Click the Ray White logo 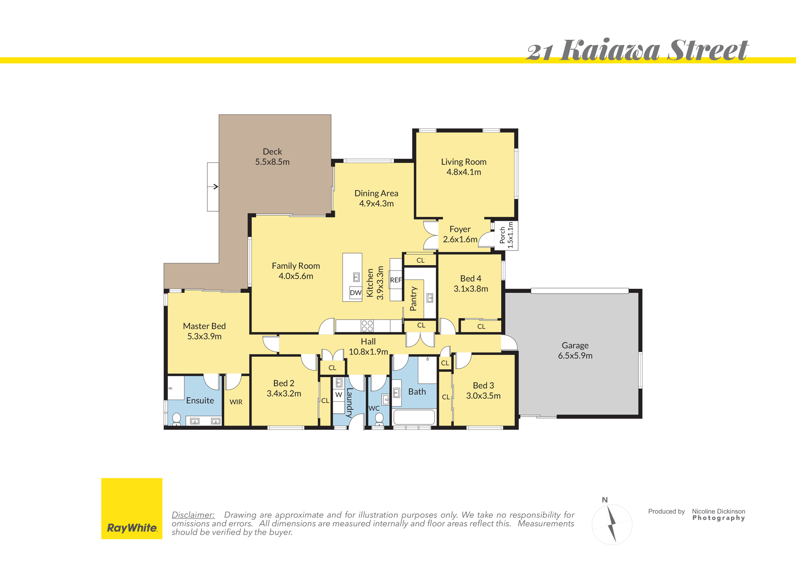pos(132,509)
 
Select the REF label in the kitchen pos(396,280)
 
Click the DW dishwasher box pos(356,293)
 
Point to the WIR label pos(236,402)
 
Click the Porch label pos(502,235)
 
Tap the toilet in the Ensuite pos(177,419)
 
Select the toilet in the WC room pos(379,419)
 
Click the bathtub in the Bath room pos(414,417)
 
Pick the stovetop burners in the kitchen pos(367,326)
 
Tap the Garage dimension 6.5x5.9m pos(575,356)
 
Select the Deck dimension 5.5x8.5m pos(272,162)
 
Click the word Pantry pos(413,299)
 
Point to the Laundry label pos(349,402)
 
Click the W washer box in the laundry pos(339,395)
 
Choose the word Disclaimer pos(193,515)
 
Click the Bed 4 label pos(471,279)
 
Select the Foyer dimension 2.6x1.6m pos(460,239)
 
